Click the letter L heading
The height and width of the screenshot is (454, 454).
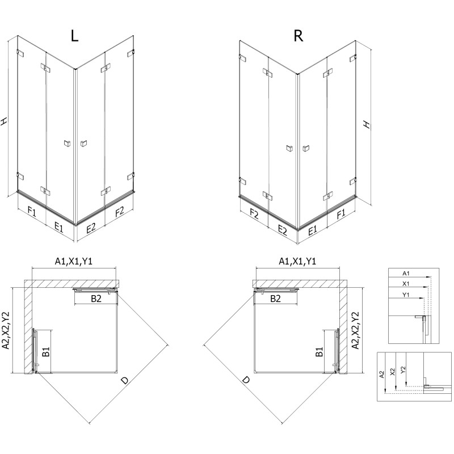tap(75, 36)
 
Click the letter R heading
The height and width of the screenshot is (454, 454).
tap(298, 36)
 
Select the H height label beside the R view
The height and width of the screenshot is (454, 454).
tap(367, 124)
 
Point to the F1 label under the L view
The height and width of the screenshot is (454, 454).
tap(32, 213)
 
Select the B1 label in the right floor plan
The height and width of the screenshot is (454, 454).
tap(320, 352)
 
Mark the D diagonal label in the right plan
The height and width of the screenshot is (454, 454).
tap(246, 381)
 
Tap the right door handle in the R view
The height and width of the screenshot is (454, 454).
tap(306, 149)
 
